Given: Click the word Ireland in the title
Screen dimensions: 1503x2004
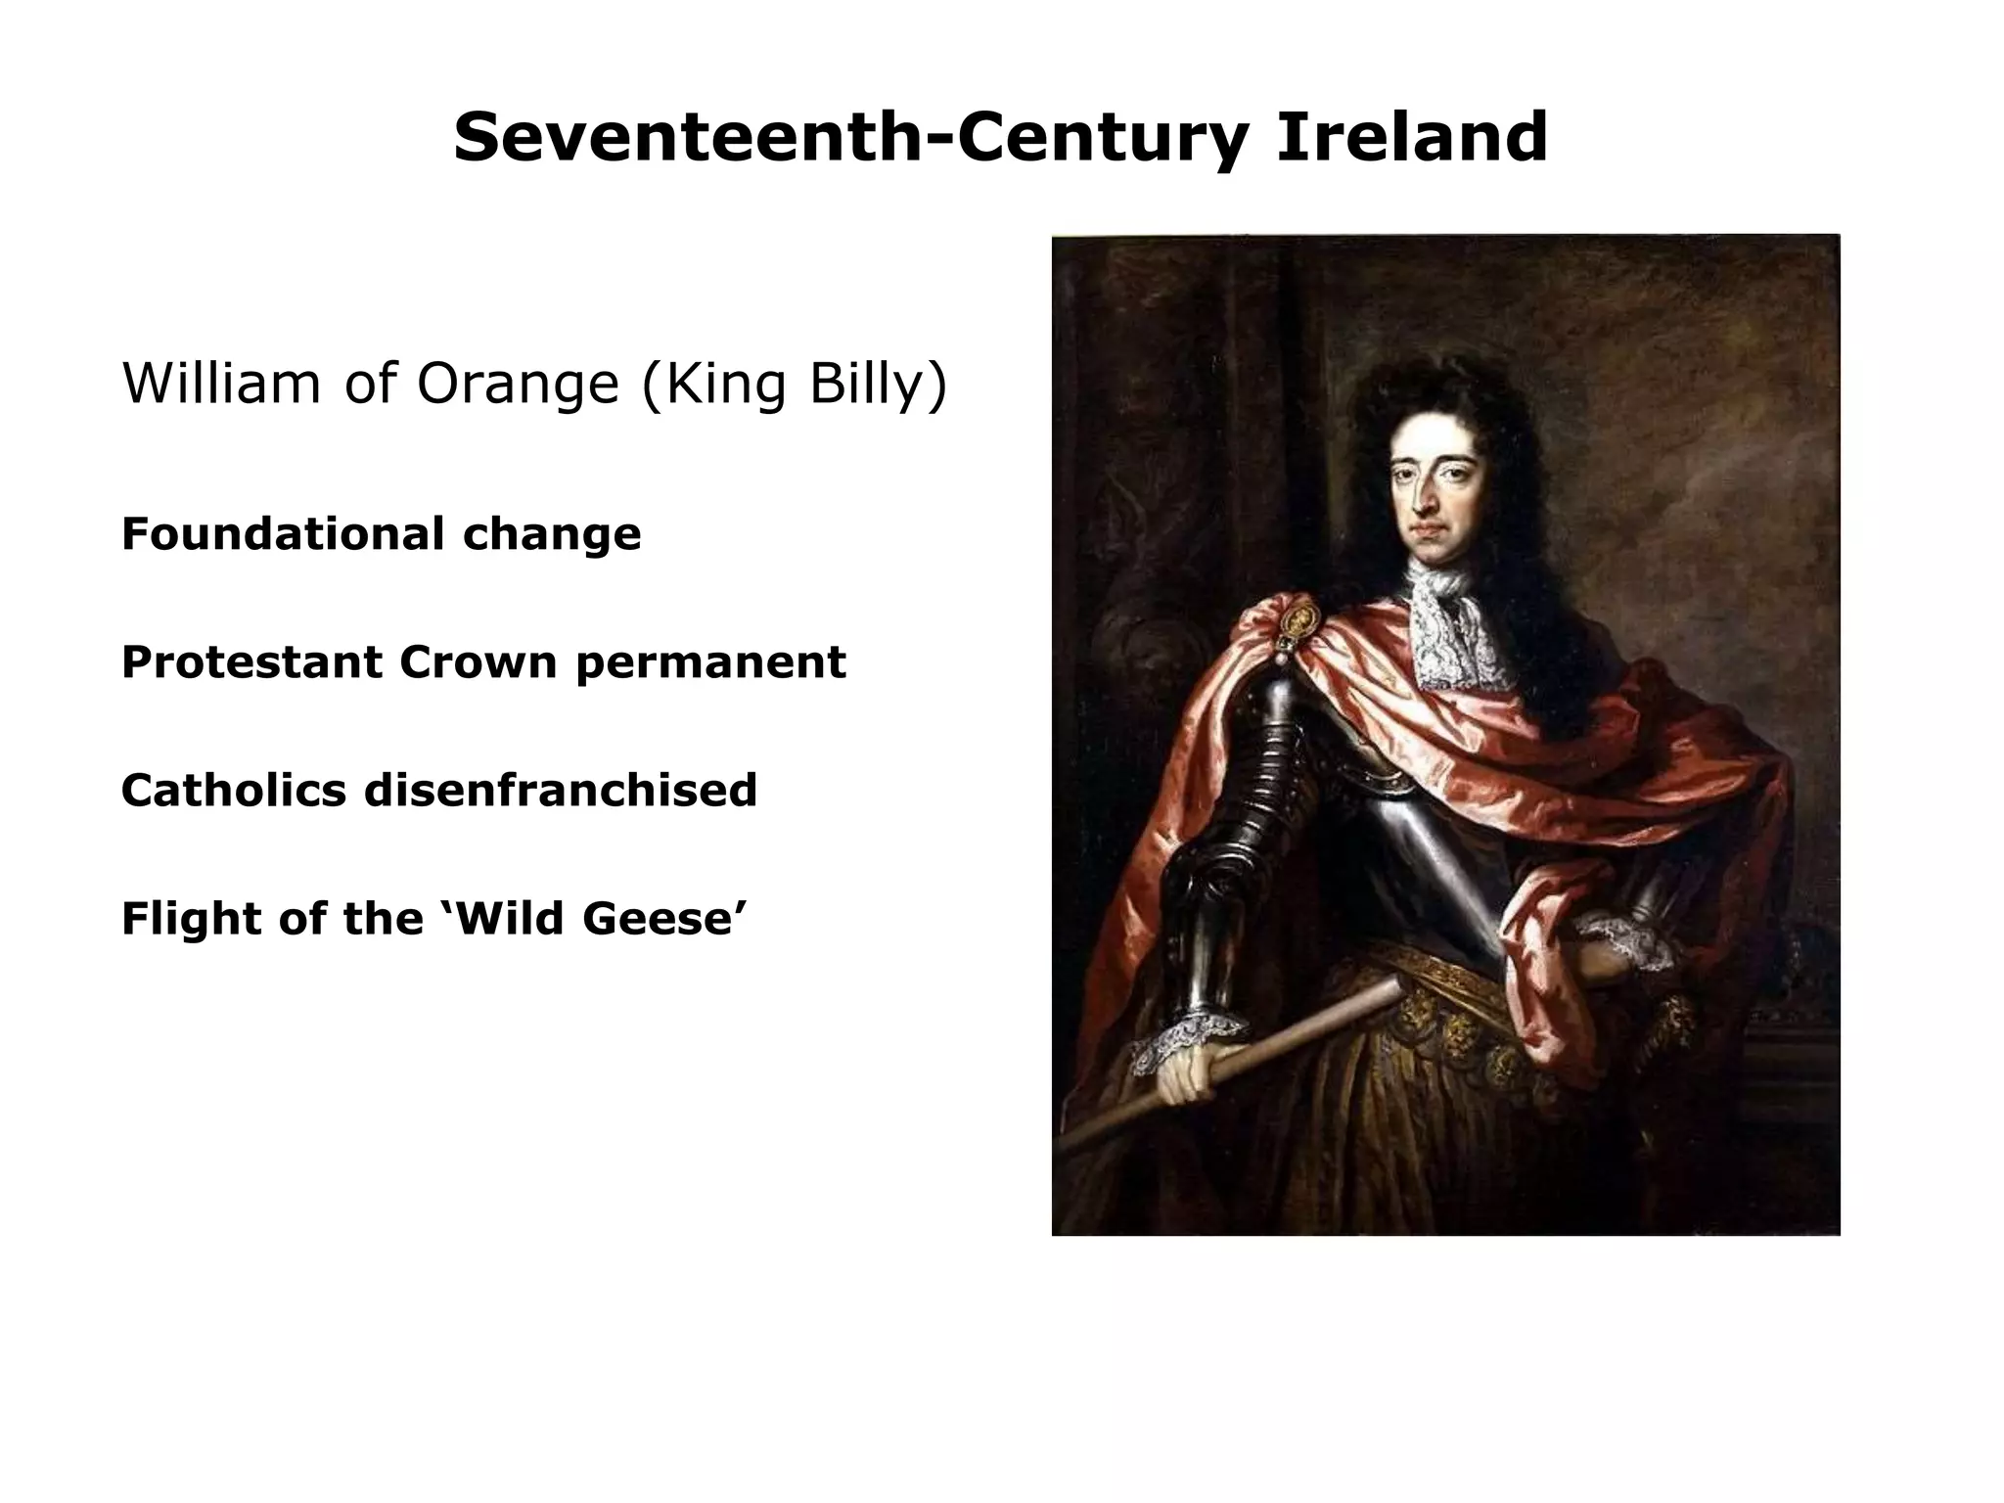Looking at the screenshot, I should [1411, 138].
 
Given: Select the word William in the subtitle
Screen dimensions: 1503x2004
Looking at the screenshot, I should [221, 383].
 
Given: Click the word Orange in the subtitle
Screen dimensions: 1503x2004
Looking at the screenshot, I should [518, 383].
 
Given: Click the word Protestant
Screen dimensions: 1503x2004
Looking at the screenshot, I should [251, 662].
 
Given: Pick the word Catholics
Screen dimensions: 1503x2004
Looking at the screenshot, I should [233, 791].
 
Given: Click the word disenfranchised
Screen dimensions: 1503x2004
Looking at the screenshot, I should [561, 791].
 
